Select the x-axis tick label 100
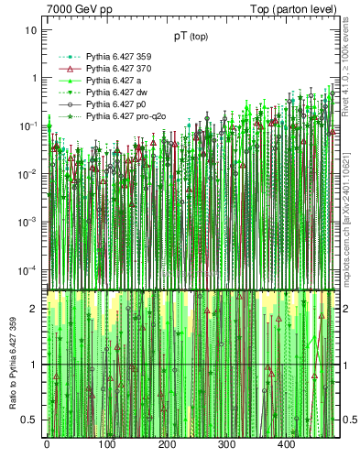click(x=106, y=444)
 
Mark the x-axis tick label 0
click(x=47, y=444)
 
